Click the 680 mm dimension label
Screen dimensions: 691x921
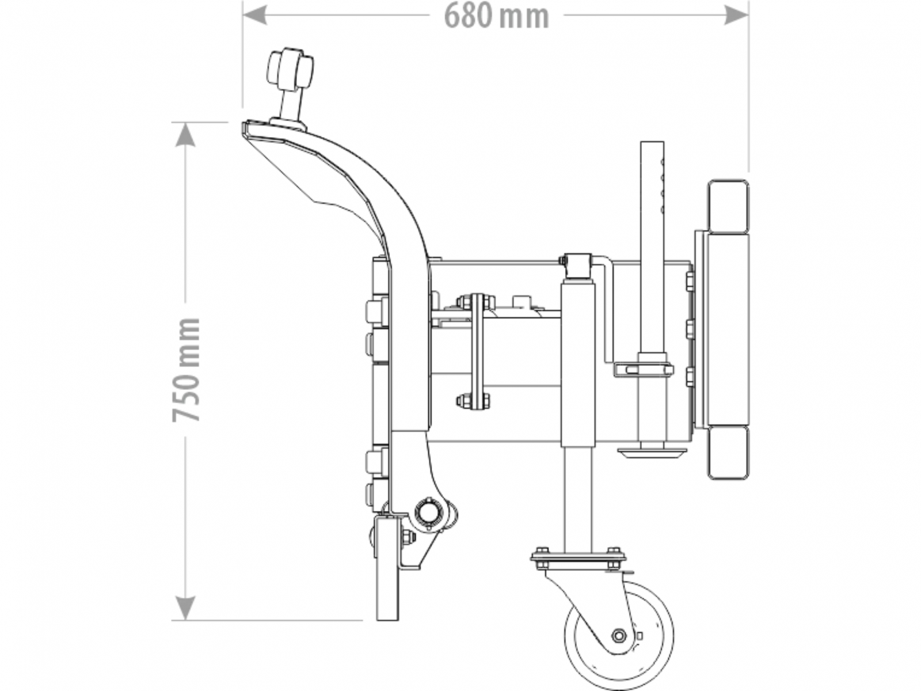coord(496,16)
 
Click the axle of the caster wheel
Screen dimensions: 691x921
coord(619,636)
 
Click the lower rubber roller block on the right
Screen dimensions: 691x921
coord(728,453)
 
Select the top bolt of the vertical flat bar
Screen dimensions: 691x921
coord(476,301)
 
